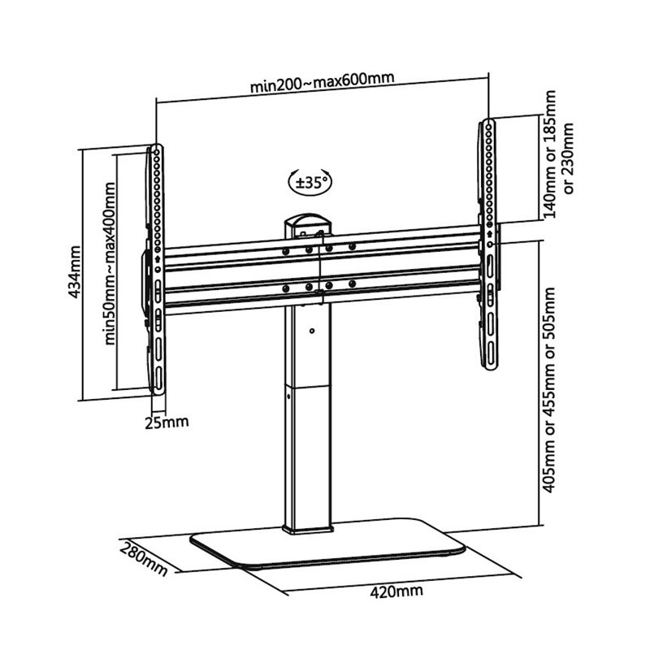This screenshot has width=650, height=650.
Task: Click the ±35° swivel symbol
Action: (x=309, y=182)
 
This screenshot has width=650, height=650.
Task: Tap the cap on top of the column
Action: (x=308, y=221)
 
